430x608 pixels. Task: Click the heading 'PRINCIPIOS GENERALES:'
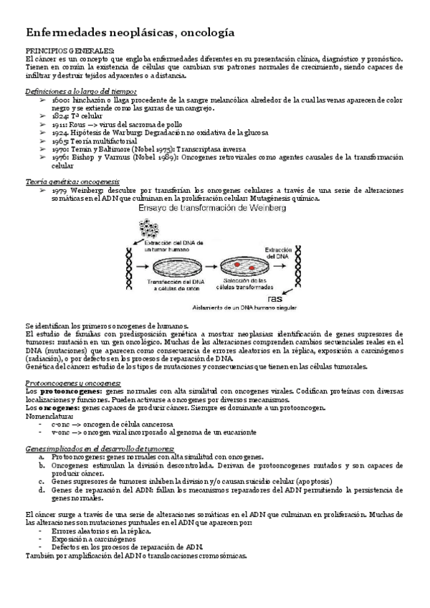(x=70, y=50)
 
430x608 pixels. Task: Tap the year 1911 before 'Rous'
(x=60, y=124)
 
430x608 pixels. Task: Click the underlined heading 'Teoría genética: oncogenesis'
(x=72, y=182)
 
